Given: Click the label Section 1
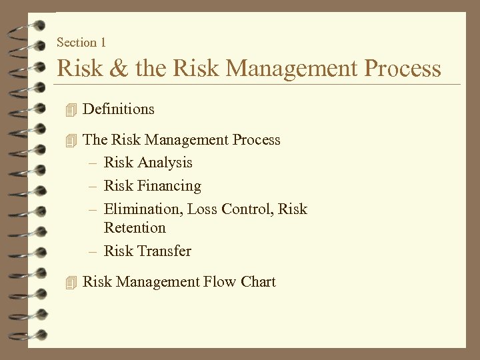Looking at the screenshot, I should (x=81, y=43).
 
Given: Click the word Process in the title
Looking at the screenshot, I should (x=401, y=69).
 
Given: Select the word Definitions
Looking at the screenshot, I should (x=118, y=109).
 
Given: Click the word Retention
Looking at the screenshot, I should (x=135, y=228).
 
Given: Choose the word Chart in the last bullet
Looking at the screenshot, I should (x=258, y=282).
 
